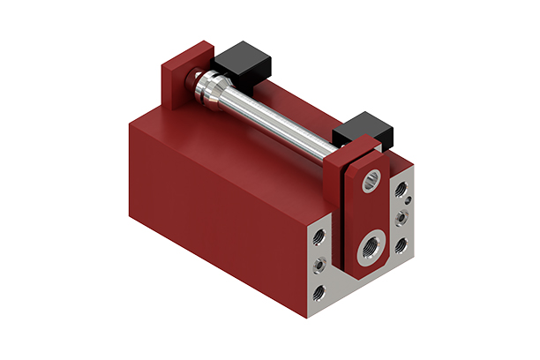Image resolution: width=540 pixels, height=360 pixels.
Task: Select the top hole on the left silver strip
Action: coord(319,236)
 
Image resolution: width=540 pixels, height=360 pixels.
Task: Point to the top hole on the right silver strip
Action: coord(402,188)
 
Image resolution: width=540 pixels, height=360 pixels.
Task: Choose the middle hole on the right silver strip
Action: coord(402,214)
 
